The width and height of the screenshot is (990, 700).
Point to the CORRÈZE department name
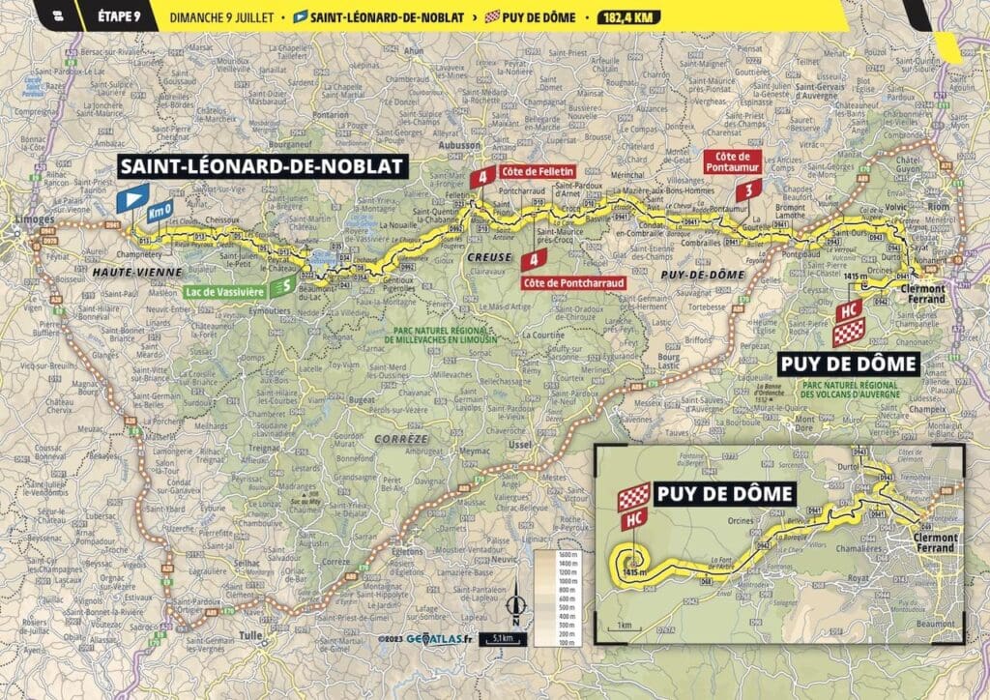[407, 439]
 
